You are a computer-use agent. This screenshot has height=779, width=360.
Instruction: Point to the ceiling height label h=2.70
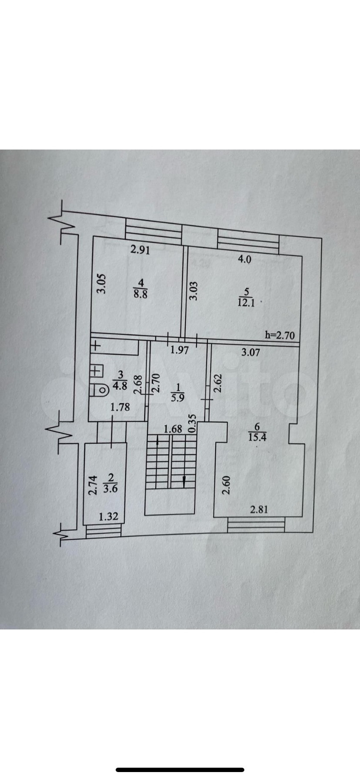280,335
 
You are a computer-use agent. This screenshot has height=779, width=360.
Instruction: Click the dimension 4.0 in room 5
244,260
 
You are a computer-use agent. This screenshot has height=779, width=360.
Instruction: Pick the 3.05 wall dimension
101,284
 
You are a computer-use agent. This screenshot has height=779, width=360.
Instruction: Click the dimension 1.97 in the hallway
179,350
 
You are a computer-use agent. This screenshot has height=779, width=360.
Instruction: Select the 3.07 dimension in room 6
250,352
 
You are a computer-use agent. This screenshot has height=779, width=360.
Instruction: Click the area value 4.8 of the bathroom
120,385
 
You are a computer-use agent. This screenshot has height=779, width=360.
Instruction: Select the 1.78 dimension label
120,407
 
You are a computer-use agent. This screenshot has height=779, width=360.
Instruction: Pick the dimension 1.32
109,517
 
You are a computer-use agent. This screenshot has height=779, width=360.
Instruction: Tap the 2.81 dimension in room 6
259,509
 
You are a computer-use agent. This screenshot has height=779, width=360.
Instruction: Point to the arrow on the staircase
184,481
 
